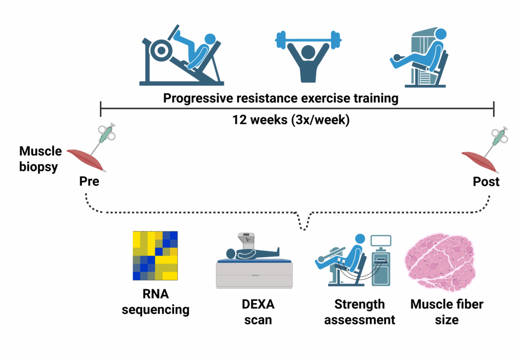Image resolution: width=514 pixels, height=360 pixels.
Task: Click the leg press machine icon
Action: (181, 55)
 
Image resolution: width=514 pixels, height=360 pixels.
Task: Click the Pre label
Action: (89, 181)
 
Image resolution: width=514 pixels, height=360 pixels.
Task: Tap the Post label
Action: (486, 181)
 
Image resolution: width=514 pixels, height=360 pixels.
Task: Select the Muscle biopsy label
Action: (40, 159)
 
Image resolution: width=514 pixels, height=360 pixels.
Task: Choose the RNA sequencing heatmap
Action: (155, 256)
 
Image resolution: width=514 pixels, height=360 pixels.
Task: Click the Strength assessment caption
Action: (359, 311)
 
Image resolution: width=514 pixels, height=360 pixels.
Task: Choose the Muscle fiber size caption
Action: (446, 311)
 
